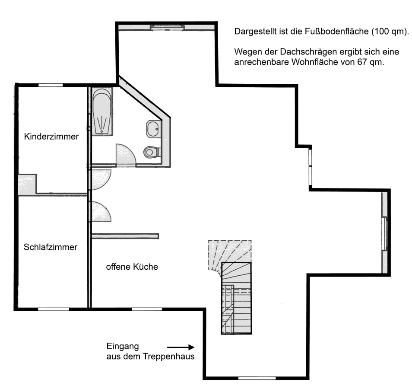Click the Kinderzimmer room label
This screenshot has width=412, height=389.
point(51,137)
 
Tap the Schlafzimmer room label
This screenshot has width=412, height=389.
point(51,248)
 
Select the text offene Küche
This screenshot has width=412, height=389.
point(132,267)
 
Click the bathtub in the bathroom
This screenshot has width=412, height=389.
point(102,111)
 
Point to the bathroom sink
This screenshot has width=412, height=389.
point(153,128)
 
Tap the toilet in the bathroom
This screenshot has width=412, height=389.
point(151,152)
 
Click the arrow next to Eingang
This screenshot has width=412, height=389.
point(181,347)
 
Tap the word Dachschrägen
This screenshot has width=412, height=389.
point(288,52)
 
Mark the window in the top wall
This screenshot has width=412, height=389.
point(167,27)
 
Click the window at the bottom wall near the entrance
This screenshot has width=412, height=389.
point(257,378)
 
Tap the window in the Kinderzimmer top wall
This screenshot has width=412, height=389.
point(51,85)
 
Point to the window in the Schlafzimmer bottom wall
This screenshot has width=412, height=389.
point(54,309)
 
